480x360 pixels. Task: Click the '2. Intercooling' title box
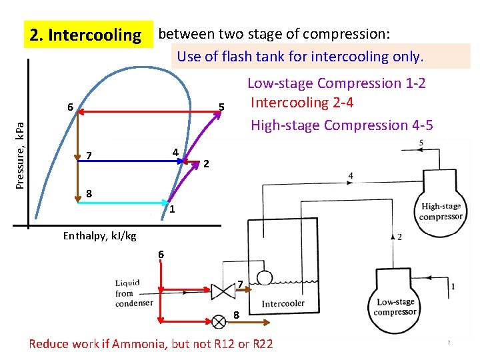[83, 35]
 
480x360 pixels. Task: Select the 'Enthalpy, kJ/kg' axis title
[99, 235]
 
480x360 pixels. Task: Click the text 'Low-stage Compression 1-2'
[336, 83]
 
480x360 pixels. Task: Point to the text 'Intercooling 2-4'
[301, 103]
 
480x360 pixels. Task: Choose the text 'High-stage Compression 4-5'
[341, 125]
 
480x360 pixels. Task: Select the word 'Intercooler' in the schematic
[283, 303]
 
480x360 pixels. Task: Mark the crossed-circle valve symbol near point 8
[218, 321]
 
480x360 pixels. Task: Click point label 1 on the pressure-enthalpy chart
[172, 211]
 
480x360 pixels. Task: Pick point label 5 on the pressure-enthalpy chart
[223, 107]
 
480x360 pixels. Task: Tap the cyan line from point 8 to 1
[123, 203]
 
